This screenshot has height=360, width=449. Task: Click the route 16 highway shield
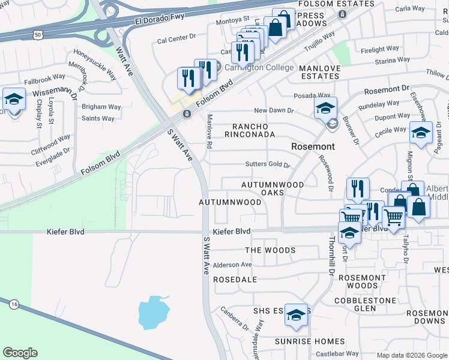[x=13, y=305]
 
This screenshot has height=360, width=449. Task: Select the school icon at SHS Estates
[x=296, y=315]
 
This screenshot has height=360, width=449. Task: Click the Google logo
[x=20, y=353]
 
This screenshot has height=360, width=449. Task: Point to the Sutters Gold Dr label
[x=268, y=164]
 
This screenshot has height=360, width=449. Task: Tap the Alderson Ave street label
[x=232, y=265]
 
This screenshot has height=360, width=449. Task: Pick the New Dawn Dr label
[x=274, y=110]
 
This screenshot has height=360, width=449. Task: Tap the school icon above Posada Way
[x=325, y=108]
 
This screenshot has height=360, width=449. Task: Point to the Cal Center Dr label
[x=176, y=37]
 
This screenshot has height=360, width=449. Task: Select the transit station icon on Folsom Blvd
[x=187, y=113]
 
